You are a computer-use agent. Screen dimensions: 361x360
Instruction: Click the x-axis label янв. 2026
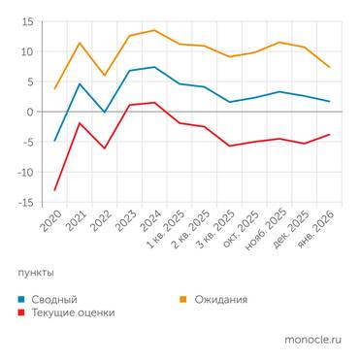(319, 233)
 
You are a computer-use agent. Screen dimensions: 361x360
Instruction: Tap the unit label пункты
(36, 273)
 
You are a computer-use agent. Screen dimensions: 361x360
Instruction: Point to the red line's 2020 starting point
(54, 190)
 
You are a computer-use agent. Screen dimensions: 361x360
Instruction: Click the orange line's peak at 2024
(154, 30)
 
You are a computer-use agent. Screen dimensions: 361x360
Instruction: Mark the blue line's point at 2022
(105, 113)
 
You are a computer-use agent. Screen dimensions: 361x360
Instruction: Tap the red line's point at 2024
(154, 103)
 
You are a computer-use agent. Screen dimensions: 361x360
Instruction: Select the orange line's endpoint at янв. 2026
(330, 67)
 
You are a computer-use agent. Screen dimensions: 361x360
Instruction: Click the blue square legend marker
(21, 299)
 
